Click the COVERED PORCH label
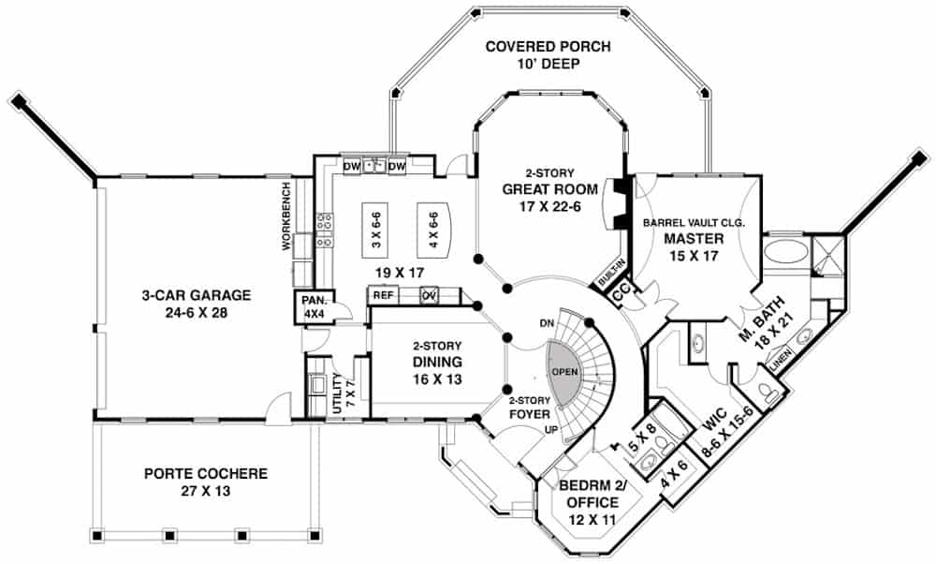click(548, 48)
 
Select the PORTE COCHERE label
click(205, 474)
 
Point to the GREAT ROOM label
click(548, 189)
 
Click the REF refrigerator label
click(382, 295)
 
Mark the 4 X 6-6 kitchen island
click(433, 230)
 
